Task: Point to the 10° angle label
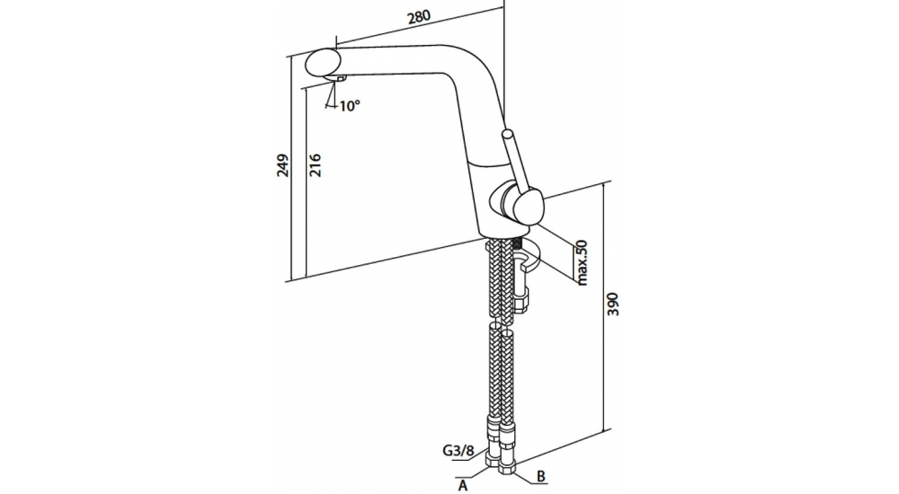[349, 106]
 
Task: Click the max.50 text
[582, 262]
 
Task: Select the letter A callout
[464, 485]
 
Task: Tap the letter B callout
[541, 477]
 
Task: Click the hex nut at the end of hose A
[495, 463]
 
